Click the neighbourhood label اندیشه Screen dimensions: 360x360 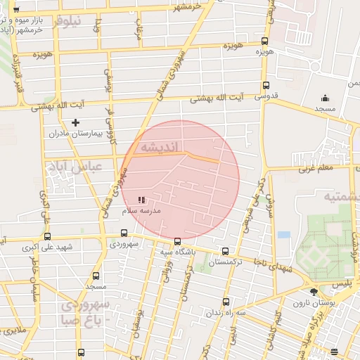click(162, 147)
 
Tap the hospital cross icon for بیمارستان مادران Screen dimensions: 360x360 click(75, 122)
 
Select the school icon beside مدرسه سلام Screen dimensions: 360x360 click(141, 200)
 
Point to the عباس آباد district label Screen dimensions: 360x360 click(74, 167)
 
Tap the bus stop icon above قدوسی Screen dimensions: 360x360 click(264, 84)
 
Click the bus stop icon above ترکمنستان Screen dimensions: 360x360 click(225, 251)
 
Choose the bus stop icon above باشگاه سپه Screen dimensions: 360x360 click(177, 241)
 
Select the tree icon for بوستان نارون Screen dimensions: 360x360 click(313, 292)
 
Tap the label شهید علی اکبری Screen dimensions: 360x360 click(48, 247)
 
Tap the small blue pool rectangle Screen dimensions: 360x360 click(283, 234)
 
